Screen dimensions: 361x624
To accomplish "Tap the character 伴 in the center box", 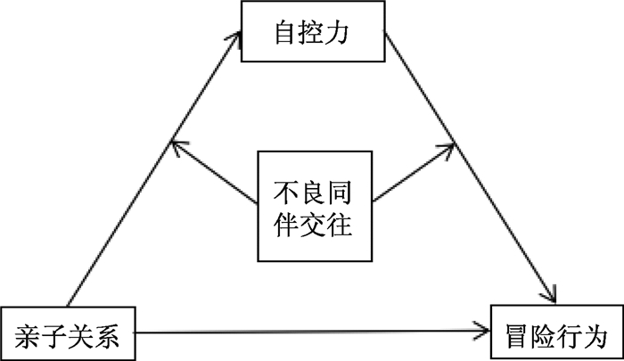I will click(286, 225).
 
